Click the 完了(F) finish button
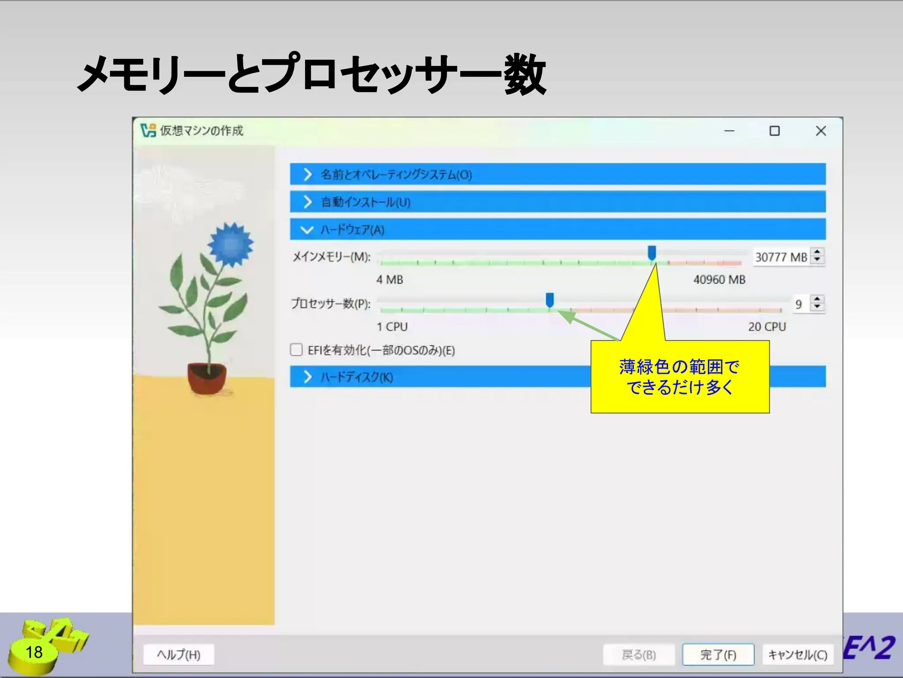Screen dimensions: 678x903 click(x=718, y=655)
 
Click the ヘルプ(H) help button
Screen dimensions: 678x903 click(x=179, y=655)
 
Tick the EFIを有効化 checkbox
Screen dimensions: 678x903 click(x=296, y=350)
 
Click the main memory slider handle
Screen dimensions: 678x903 click(x=652, y=253)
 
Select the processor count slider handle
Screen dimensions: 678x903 click(x=550, y=300)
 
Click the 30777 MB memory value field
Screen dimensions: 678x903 click(x=780, y=257)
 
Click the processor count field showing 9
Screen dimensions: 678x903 click(x=799, y=304)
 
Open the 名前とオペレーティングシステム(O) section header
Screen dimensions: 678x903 click(x=396, y=175)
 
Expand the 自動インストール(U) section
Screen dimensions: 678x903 click(x=365, y=202)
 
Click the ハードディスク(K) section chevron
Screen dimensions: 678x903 click(x=308, y=377)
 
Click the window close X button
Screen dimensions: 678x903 click(x=821, y=131)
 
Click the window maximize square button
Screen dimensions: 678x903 click(x=774, y=131)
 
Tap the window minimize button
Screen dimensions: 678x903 click(x=729, y=131)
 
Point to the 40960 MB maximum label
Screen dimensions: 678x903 click(x=719, y=280)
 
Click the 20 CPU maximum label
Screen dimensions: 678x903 click(x=767, y=327)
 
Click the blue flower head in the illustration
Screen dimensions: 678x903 click(x=231, y=244)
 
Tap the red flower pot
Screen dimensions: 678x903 click(x=207, y=377)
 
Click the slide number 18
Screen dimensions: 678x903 click(x=34, y=652)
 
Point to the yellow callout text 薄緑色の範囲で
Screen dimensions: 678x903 click(x=679, y=367)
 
